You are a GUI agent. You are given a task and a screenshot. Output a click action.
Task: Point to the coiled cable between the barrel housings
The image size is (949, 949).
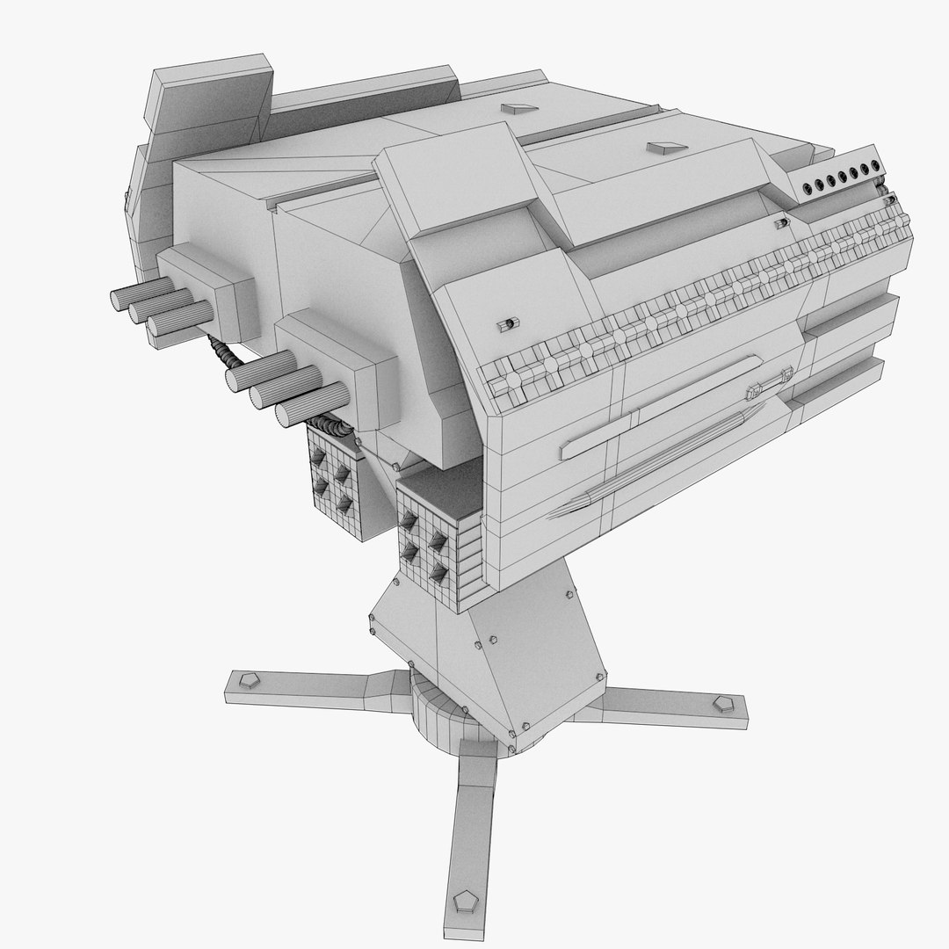225,354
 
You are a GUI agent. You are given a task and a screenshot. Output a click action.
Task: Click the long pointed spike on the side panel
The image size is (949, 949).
580,503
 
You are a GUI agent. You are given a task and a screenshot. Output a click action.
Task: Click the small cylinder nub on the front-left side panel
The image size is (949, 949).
505,325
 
